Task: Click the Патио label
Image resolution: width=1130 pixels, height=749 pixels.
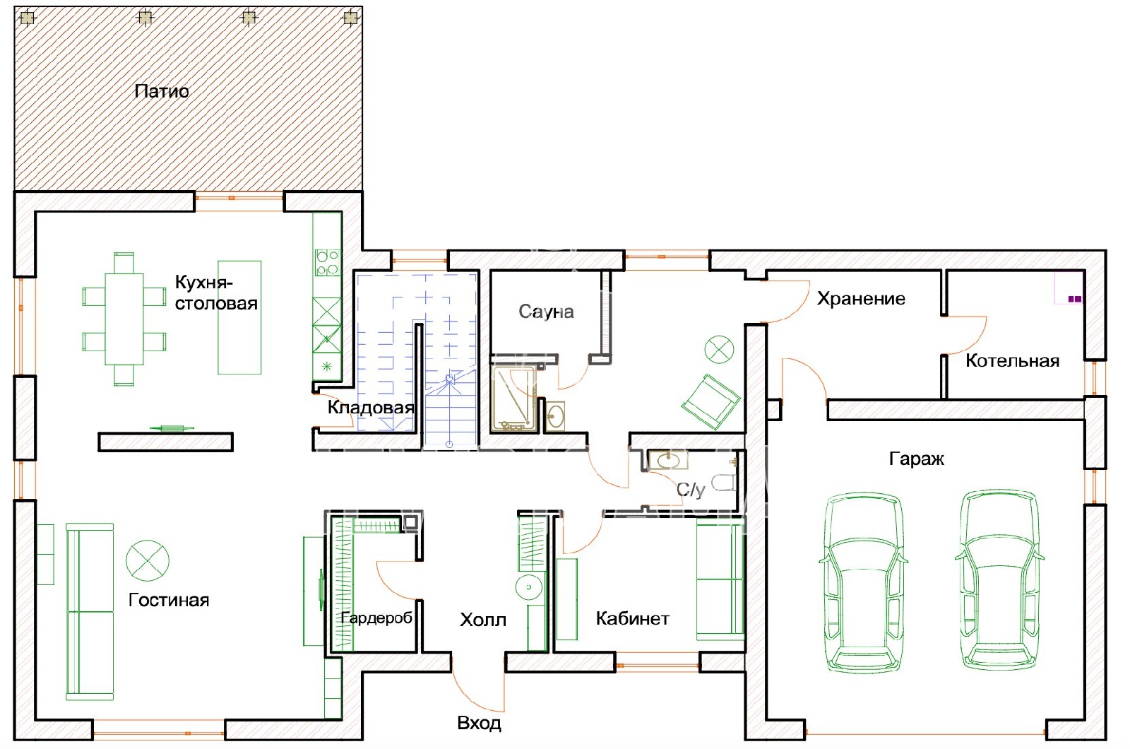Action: coord(162,91)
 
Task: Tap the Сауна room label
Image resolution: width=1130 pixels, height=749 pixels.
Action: coord(547,312)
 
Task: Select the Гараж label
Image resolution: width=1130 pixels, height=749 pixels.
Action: coord(916,459)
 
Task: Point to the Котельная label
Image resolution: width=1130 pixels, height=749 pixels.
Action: coord(1012,361)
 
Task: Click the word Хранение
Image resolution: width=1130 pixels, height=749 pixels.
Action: coord(861,299)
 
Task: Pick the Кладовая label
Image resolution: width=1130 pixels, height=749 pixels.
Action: coord(371,407)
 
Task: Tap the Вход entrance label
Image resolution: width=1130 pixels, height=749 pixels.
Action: coord(479,724)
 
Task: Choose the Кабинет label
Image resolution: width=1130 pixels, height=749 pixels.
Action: coord(633,618)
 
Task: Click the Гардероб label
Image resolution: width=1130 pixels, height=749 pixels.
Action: coord(376,618)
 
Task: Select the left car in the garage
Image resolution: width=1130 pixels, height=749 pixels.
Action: coord(863,583)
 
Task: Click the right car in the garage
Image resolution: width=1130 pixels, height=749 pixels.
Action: coord(999,579)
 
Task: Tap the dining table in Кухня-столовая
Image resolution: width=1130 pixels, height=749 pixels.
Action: coord(124,319)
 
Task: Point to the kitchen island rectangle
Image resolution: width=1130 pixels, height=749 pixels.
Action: coord(239,317)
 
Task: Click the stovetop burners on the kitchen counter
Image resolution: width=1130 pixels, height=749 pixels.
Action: coord(328,262)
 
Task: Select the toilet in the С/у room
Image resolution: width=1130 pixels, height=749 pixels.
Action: coord(724,483)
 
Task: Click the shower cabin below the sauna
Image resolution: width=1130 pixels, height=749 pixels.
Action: coord(514,399)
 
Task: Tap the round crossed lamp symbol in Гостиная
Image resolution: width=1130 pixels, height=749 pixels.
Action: coord(148,560)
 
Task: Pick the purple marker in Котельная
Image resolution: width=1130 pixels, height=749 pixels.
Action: coord(1075,300)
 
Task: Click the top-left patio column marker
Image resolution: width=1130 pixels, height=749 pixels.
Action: coord(28,18)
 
